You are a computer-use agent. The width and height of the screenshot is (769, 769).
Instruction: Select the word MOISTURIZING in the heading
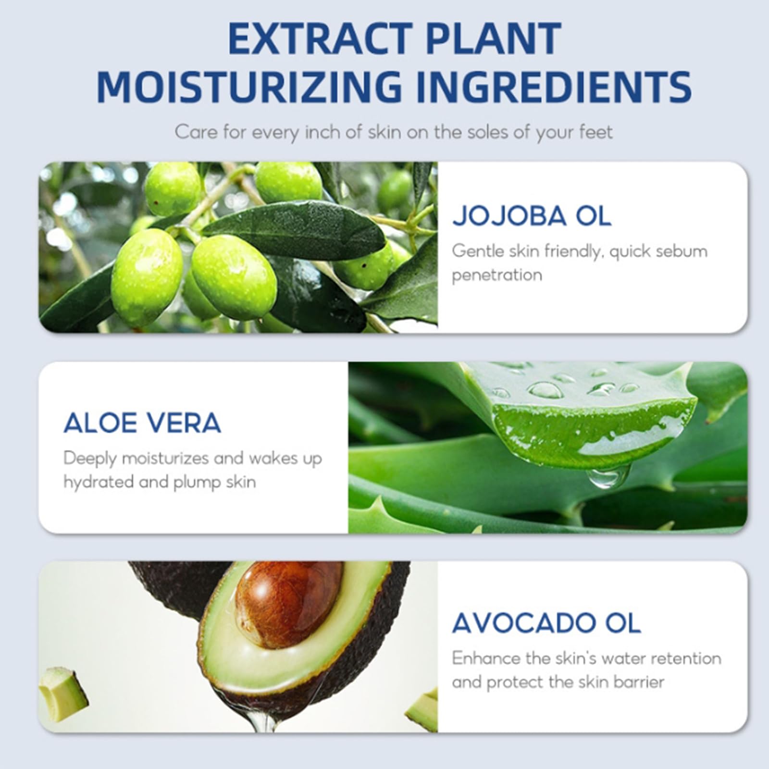click(249, 87)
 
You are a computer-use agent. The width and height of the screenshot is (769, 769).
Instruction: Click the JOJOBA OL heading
click(532, 216)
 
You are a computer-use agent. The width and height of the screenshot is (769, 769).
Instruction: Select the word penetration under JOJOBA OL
click(496, 275)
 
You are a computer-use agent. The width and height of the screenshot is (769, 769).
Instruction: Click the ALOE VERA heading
click(142, 423)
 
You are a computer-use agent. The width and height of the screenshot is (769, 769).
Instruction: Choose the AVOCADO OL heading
click(546, 623)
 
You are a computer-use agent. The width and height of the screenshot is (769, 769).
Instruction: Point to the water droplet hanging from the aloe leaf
click(607, 477)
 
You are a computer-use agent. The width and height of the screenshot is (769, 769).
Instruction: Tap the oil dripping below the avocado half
click(262, 716)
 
